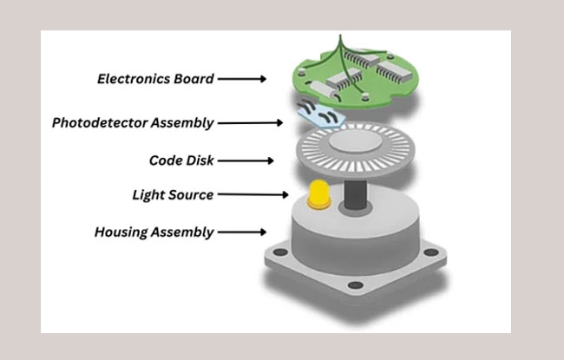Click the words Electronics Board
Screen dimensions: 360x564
coord(155,79)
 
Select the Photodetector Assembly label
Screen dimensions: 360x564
coord(133,122)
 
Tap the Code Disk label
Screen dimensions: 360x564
coord(181,160)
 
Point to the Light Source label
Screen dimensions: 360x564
coord(174,195)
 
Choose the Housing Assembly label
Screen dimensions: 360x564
coord(154,232)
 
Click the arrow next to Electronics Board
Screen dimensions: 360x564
coord(242,79)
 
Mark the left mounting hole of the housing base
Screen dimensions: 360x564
coord(279,253)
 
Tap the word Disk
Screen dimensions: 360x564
coord(198,160)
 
